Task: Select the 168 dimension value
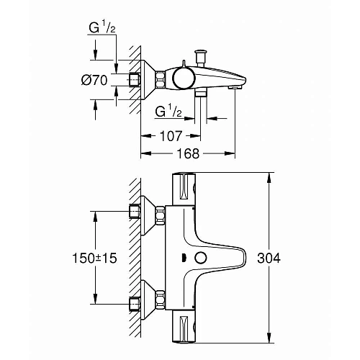pos(189,153)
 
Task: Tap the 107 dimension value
pos(171,135)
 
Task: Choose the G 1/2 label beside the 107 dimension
pos(168,112)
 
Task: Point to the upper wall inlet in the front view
pos(135,212)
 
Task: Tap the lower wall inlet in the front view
pos(135,302)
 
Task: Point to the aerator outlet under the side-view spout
pos(232,86)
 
